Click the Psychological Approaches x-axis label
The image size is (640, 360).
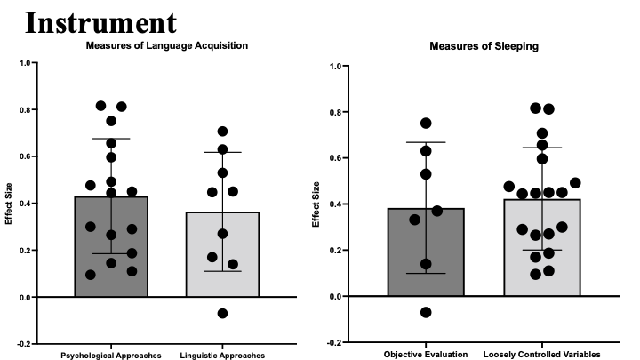110,356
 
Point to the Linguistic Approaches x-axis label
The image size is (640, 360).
223,356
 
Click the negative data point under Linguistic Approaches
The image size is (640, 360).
222,313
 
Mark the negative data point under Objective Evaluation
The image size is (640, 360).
427,312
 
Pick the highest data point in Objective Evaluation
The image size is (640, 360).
426,124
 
